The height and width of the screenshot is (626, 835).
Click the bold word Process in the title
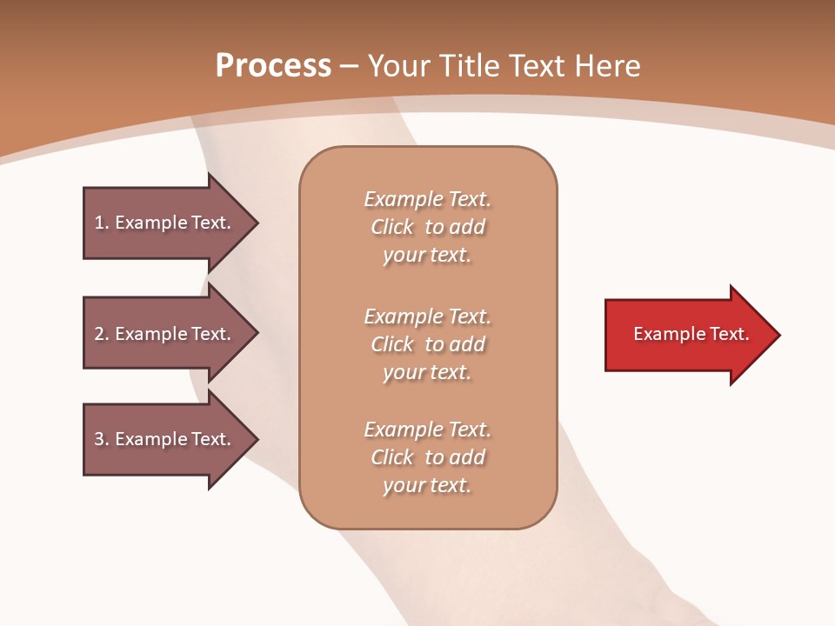273,66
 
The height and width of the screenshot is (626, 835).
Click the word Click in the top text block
392,227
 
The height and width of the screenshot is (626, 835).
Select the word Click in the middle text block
392,344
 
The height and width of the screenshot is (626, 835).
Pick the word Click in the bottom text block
392,457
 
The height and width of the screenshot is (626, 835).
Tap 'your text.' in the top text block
427,256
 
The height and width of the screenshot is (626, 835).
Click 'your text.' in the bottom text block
427,485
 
